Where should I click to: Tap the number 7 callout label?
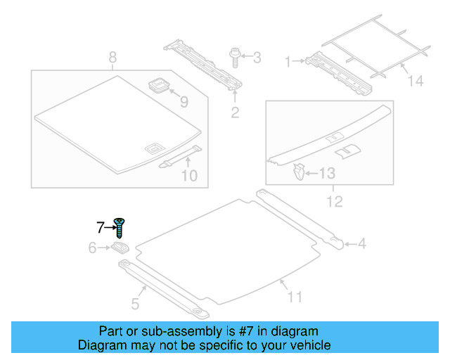(x=101, y=226)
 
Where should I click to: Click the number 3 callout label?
(x=257, y=56)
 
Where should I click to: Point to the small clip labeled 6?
(x=120, y=247)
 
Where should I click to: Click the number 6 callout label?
(x=92, y=247)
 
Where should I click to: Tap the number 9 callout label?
(x=184, y=103)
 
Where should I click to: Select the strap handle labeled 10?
(x=180, y=157)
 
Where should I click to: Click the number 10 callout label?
(x=189, y=175)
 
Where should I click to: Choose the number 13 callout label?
(x=328, y=172)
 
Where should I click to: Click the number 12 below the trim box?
(x=335, y=202)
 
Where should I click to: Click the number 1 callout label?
(x=287, y=62)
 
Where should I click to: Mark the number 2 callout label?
(x=236, y=111)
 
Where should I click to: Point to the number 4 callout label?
(x=362, y=244)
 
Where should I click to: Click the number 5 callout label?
(x=135, y=304)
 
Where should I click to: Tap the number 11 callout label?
(x=295, y=297)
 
